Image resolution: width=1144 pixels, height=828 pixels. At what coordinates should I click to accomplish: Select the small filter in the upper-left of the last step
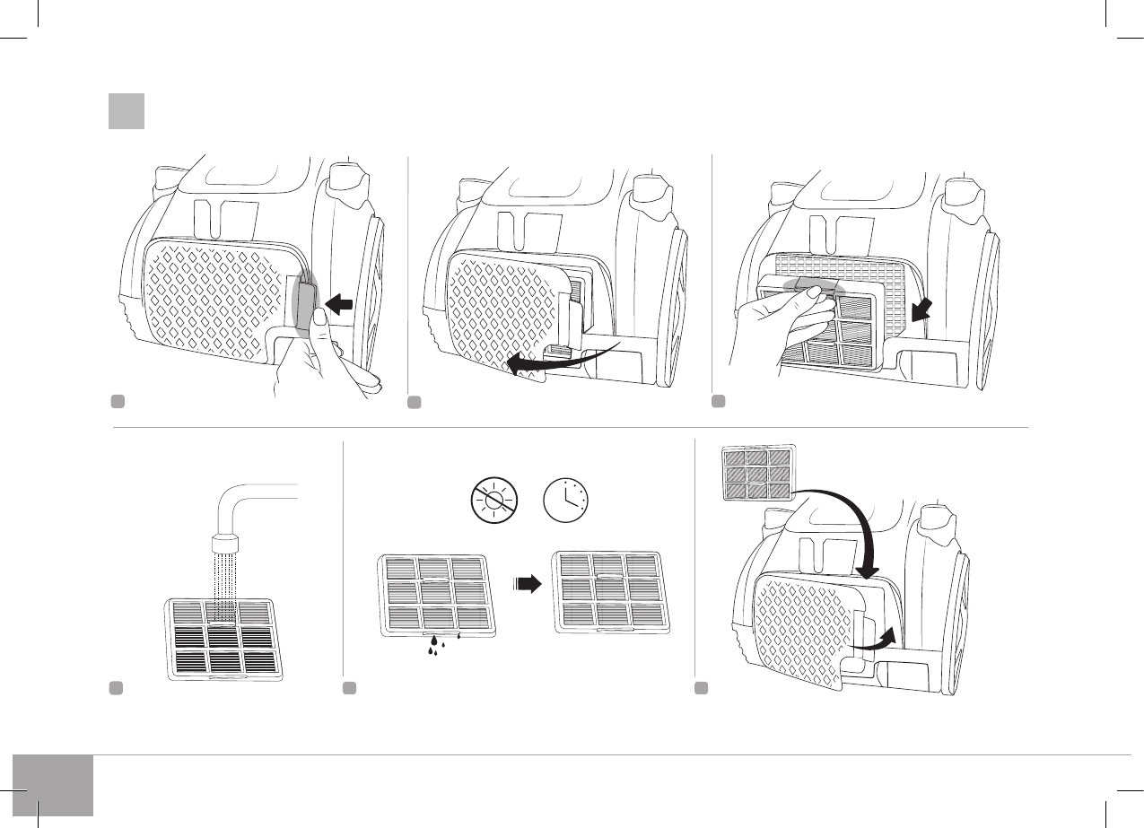point(759,474)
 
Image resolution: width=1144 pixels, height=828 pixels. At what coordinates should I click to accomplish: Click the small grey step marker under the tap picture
point(115,688)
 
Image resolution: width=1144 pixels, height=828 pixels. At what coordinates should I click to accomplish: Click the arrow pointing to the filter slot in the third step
point(921,310)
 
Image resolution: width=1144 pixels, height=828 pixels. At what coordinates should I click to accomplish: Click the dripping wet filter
point(436,594)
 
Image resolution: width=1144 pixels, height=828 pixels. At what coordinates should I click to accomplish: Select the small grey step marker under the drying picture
point(350,688)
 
